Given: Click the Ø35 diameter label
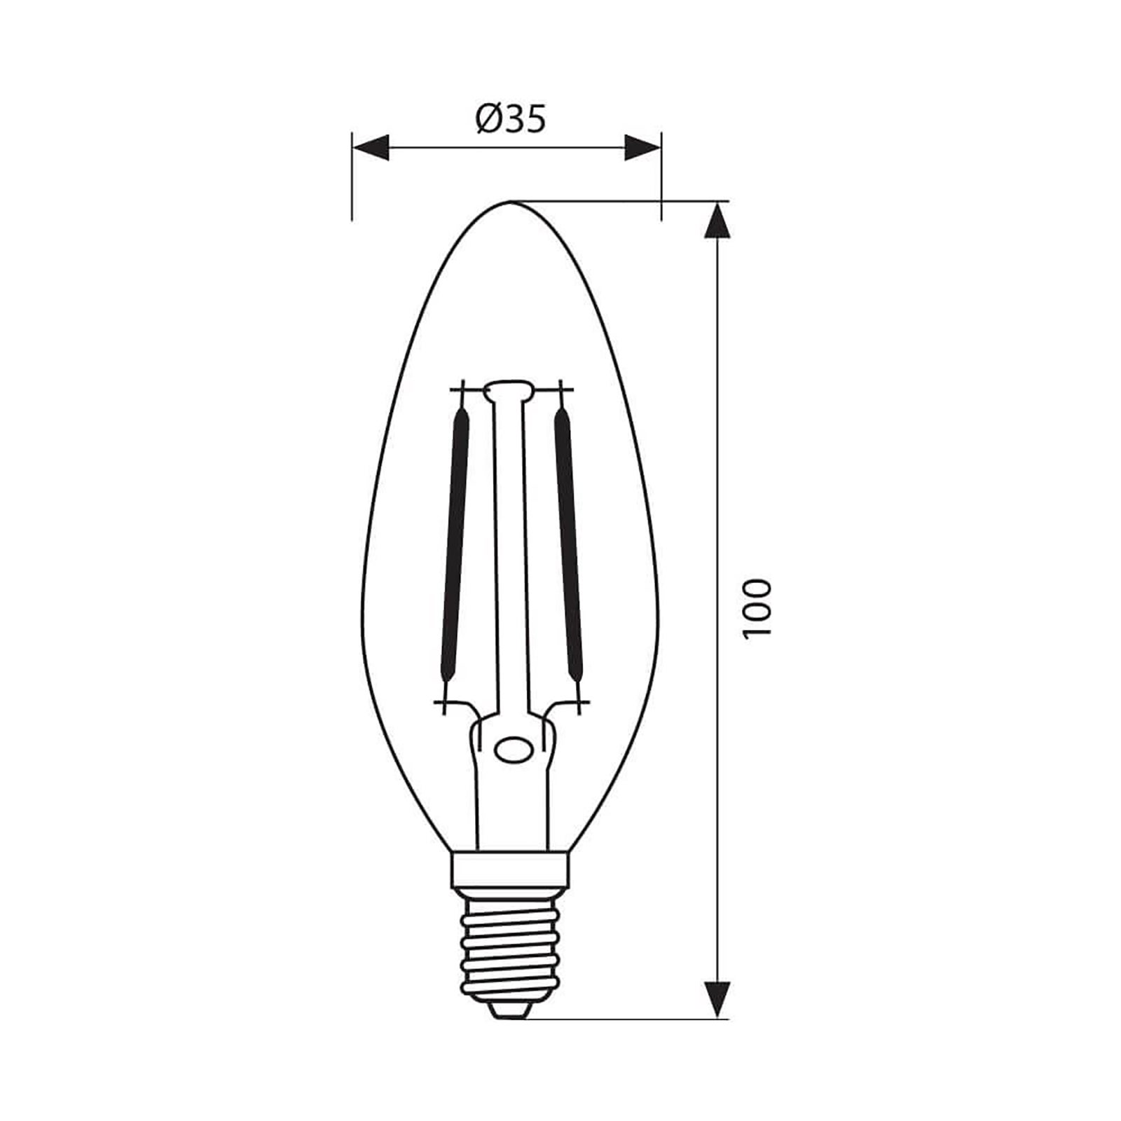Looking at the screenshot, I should point(510,121).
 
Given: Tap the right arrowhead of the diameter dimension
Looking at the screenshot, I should point(642,148).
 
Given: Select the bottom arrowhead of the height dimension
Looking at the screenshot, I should point(716,998).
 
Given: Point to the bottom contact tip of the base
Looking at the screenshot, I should point(511,1009).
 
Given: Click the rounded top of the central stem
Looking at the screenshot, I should point(509,390).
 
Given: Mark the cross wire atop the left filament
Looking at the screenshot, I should point(462,390).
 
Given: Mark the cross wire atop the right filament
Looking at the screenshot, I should point(560,390).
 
